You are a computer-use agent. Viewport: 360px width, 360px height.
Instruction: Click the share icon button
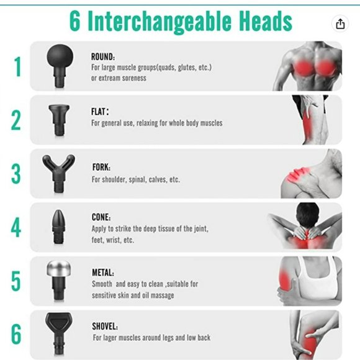[x=340, y=24]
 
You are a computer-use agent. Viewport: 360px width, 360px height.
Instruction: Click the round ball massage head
[x=60, y=66]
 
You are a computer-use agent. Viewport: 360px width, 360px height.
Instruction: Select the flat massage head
[x=59, y=120]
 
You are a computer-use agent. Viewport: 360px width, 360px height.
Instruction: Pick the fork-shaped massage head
[x=58, y=173]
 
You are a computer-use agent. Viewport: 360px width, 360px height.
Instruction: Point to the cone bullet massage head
[x=58, y=227]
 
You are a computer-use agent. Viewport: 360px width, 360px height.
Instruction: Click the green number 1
[x=17, y=66]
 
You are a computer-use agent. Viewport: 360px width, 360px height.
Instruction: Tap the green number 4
[x=16, y=227]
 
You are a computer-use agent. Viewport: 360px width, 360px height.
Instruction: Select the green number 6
[x=16, y=335]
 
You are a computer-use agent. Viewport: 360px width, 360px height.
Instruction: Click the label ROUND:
[x=103, y=56]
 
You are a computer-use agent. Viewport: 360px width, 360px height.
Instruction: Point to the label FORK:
[x=101, y=167]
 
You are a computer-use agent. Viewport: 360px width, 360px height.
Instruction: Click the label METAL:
[x=103, y=272]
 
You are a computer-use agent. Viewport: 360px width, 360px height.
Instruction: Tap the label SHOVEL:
[x=105, y=326]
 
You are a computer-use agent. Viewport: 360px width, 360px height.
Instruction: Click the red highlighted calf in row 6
[x=309, y=343]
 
